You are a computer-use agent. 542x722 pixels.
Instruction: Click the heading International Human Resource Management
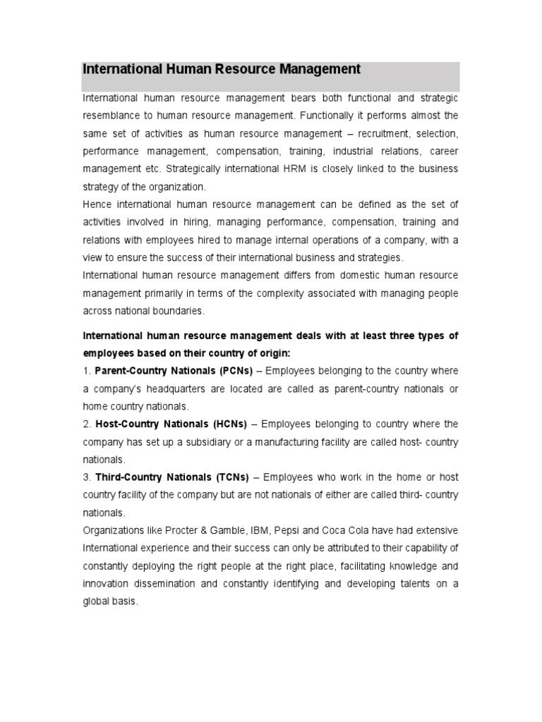click(x=222, y=69)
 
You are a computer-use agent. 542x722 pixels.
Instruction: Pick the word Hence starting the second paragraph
click(x=96, y=204)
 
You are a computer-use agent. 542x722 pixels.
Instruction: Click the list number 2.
click(x=86, y=424)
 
